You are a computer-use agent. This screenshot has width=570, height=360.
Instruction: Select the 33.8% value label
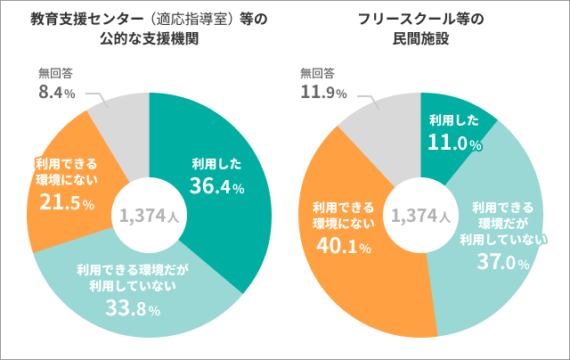[x=130, y=309]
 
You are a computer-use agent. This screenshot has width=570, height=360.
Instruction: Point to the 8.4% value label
[x=56, y=93]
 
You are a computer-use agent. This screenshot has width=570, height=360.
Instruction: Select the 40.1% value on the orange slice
[x=338, y=246]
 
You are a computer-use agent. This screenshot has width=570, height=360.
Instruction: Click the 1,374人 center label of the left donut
[x=149, y=215]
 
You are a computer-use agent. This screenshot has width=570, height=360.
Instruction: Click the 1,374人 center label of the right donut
[x=419, y=215]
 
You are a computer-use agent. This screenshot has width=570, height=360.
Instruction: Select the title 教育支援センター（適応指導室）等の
[x=147, y=19]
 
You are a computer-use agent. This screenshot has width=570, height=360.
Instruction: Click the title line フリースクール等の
[x=419, y=19]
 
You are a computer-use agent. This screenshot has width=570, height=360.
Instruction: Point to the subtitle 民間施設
[x=419, y=39]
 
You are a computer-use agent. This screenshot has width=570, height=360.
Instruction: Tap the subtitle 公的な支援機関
[x=147, y=39]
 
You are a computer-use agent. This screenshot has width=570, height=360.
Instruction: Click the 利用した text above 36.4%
[x=216, y=163]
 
